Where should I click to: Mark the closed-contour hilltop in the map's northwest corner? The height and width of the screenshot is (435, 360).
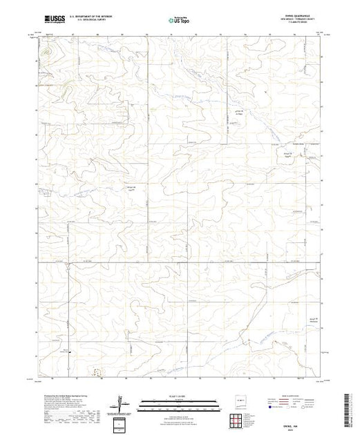click(47, 50)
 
